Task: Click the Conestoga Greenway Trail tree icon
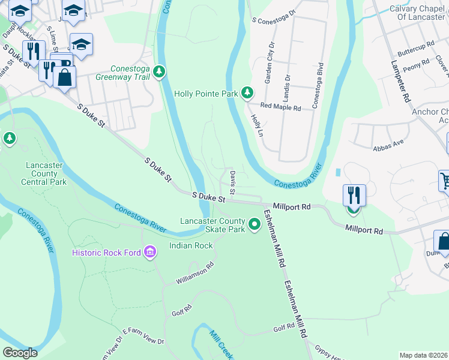pyautogui.click(x=159, y=72)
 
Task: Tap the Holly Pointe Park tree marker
pyautogui.click(x=247, y=93)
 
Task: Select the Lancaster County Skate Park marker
pyautogui.click(x=255, y=224)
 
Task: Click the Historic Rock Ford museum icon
pyautogui.click(x=150, y=253)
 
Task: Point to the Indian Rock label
pyautogui.click(x=191, y=245)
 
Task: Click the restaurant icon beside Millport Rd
pyautogui.click(x=354, y=196)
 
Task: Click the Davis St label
pyautogui.click(x=233, y=181)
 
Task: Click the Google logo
pyautogui.click(x=20, y=353)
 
